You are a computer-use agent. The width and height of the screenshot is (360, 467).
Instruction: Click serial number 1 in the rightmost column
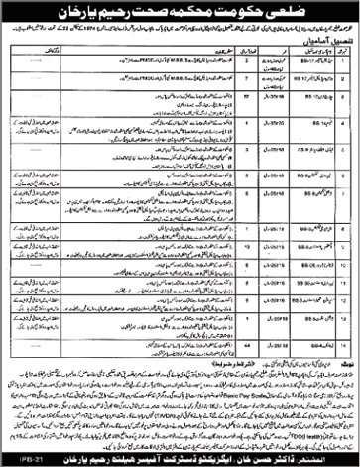344,79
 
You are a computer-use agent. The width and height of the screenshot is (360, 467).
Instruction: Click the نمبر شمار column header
344,65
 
